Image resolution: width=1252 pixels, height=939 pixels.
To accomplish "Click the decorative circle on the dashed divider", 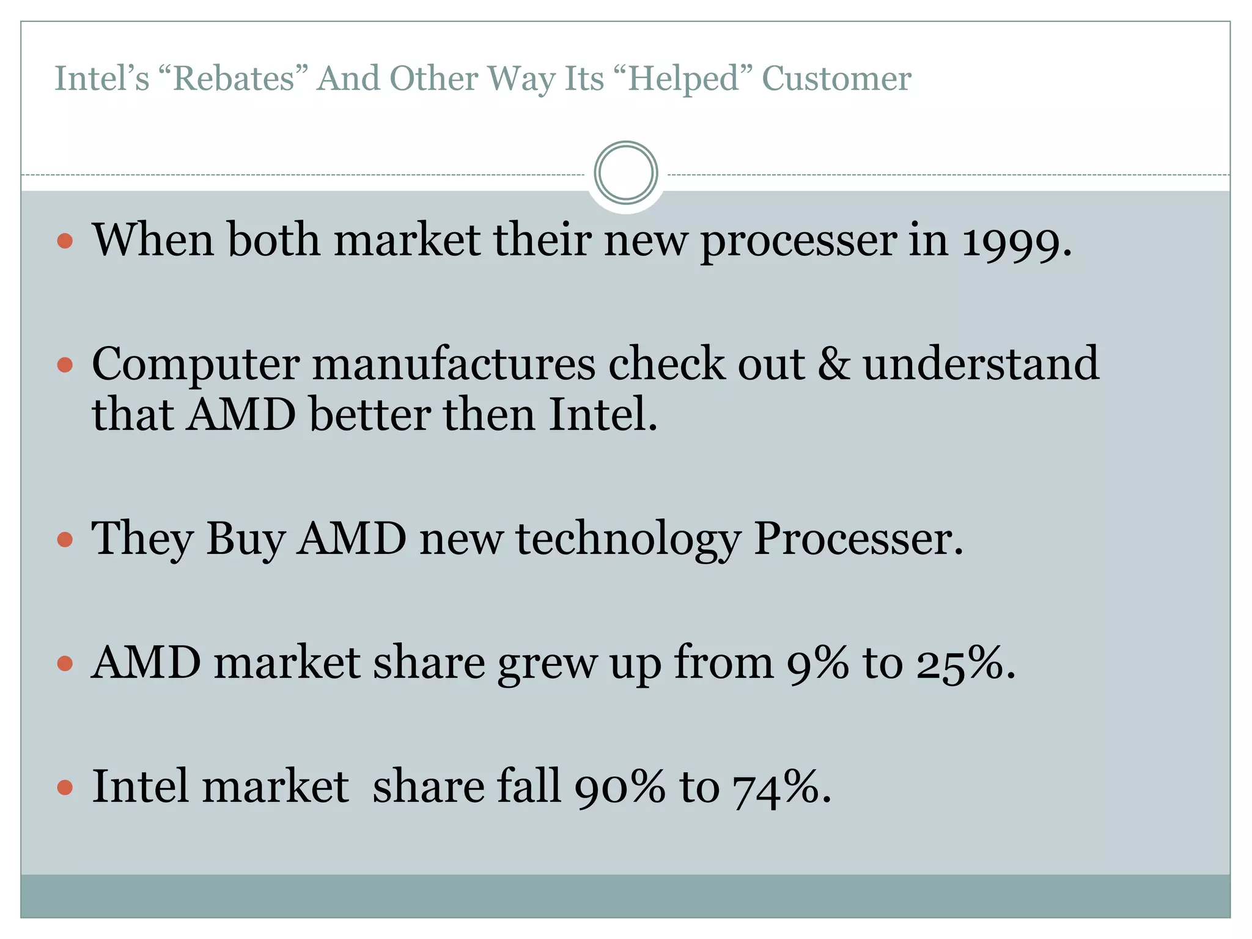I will tap(625, 173).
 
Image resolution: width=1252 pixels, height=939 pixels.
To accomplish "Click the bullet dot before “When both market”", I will tap(65, 240).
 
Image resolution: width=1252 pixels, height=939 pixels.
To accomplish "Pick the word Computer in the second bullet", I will tap(196, 364).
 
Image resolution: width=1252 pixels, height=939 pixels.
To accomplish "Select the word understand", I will tap(981, 364).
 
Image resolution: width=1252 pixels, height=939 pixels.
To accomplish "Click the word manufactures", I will tap(454, 364).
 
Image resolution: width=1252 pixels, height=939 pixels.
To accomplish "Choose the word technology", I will tap(628, 539).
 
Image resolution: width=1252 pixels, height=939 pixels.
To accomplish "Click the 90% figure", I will tap(619, 787).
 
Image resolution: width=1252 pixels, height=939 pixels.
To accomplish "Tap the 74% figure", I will tap(776, 787).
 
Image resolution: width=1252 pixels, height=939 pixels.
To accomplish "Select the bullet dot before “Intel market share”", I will tap(65, 787).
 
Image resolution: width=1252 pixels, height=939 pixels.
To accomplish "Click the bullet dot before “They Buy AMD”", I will tap(65, 539).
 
